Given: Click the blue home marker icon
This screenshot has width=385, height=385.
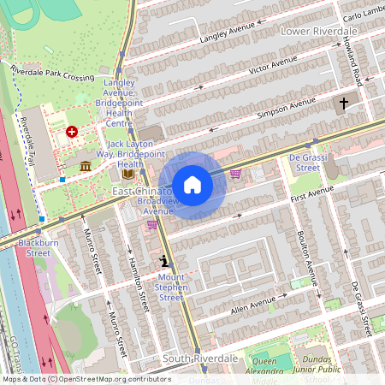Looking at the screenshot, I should [192, 185].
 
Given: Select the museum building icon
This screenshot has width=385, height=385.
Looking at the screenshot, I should [86, 164].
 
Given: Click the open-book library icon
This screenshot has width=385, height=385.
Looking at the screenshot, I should [127, 174].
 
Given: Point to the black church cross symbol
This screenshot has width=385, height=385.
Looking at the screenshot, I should [344, 104].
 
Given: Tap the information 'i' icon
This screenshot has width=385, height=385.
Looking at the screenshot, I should [163, 261].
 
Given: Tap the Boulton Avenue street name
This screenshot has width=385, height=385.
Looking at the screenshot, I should [307, 257].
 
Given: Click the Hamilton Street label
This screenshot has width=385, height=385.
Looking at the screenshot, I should [136, 282].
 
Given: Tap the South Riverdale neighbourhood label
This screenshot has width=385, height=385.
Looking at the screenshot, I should [199, 358].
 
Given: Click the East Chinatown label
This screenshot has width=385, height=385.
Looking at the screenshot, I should [141, 192].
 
